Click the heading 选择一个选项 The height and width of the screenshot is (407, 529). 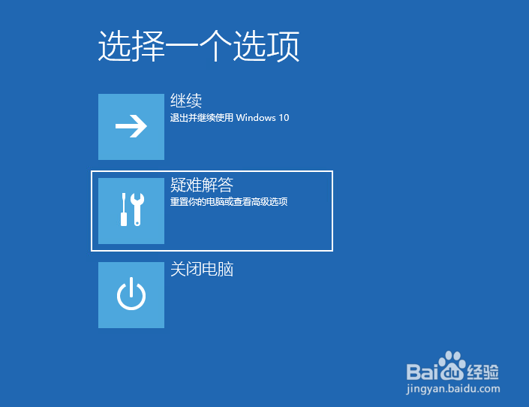pyautogui.click(x=199, y=47)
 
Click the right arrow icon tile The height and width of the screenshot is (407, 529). pyautogui.click(x=131, y=127)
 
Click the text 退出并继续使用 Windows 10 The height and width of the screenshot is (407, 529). pyautogui.click(x=229, y=118)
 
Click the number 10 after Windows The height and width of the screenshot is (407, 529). pyautogui.click(x=284, y=118)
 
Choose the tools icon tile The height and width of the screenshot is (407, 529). pyautogui.click(x=131, y=211)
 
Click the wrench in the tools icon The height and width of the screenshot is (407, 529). pyautogui.click(x=137, y=209)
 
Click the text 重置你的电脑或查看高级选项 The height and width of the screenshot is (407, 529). pyautogui.click(x=229, y=202)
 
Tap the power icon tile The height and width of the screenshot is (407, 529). pyautogui.click(x=131, y=295)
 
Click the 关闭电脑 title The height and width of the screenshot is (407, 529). pyautogui.click(x=202, y=269)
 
